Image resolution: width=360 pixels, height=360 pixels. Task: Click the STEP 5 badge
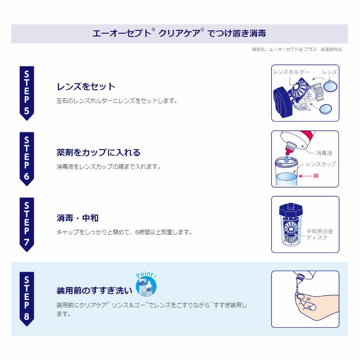coord(27,93)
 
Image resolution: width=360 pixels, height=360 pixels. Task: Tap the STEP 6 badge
coord(27,159)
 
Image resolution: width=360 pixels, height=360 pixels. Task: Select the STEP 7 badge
coord(27,224)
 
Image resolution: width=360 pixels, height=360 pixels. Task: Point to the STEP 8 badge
coord(27,299)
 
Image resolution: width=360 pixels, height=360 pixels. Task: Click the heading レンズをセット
coord(86,86)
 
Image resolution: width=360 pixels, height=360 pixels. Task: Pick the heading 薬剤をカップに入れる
coord(98,152)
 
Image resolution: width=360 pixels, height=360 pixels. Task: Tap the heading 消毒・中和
coord(77,218)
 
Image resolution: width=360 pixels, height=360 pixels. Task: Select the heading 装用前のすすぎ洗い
coord(94,290)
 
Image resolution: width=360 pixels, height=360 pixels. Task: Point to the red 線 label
coord(316,176)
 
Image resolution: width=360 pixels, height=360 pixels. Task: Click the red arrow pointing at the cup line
coord(305,176)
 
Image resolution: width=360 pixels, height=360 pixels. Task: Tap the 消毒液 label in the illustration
coord(324,153)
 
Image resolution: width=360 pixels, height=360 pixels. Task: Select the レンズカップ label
coord(321,164)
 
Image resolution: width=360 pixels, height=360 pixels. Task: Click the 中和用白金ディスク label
coord(320,234)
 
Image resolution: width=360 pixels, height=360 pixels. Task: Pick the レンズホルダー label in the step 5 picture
coord(291,72)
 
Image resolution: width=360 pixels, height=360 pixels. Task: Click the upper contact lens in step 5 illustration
coord(330,86)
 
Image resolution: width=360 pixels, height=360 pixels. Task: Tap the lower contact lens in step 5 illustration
coord(325,109)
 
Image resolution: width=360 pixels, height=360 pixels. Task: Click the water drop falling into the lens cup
coord(286,159)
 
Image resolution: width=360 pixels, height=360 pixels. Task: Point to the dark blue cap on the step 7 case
coord(291,209)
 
